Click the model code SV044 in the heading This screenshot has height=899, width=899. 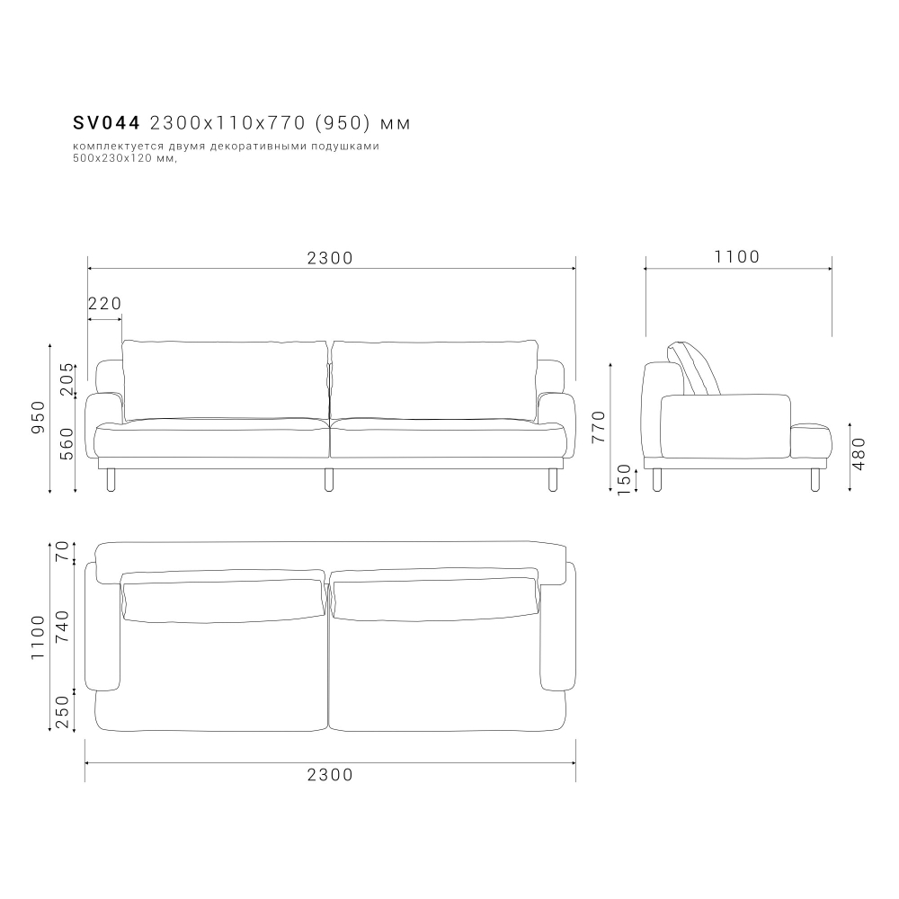click(x=107, y=122)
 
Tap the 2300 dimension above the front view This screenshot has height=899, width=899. click(x=330, y=258)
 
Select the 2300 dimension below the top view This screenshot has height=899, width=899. click(x=330, y=775)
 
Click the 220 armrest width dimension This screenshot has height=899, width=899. click(x=105, y=303)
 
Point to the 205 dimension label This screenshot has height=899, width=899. click(x=67, y=379)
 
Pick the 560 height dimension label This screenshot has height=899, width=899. click(x=67, y=444)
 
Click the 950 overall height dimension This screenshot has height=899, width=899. click(x=38, y=417)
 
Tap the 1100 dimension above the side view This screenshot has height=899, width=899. click(x=737, y=256)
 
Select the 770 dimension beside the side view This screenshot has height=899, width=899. click(x=598, y=426)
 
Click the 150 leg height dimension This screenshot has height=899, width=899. click(x=624, y=479)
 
